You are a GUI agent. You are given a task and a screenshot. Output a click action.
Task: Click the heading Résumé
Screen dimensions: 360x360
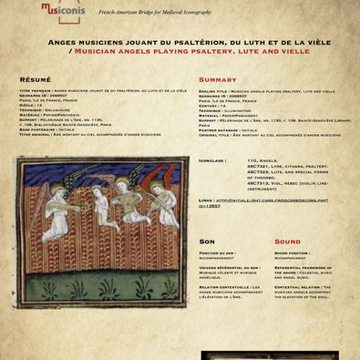(36, 80)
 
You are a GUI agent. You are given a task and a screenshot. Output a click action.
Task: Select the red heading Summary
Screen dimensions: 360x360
(217, 80)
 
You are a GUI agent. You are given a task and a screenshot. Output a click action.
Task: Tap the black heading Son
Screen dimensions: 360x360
(207, 242)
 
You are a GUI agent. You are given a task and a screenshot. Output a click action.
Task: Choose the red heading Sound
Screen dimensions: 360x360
(287, 242)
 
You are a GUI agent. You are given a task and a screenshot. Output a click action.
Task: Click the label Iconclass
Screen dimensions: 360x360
(211, 159)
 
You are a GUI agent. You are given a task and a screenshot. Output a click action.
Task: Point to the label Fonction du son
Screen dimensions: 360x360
(217, 252)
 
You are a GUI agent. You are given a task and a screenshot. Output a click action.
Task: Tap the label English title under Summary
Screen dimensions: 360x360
(212, 91)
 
